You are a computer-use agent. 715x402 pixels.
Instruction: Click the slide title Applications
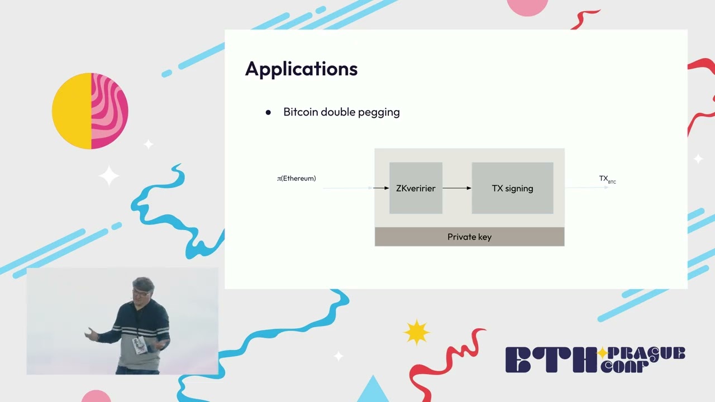pos(301,69)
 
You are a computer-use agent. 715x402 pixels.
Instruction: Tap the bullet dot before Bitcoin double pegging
pos(268,112)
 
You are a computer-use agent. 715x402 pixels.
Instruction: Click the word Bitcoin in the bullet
pos(301,112)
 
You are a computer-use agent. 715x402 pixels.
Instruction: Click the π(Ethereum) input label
pos(297,179)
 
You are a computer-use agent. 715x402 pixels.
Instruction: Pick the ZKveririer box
pos(416,188)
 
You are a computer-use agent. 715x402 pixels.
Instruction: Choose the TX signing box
pos(512,188)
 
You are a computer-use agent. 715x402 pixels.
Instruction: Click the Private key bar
pos(469,237)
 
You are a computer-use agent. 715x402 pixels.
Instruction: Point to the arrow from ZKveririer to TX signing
pos(457,188)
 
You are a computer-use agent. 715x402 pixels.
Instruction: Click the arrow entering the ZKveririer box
pos(380,188)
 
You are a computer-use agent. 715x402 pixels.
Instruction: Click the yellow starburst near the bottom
pos(416,332)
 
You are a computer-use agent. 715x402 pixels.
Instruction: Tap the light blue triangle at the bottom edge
pos(373,391)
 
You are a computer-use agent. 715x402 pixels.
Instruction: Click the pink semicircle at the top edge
pos(527,7)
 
